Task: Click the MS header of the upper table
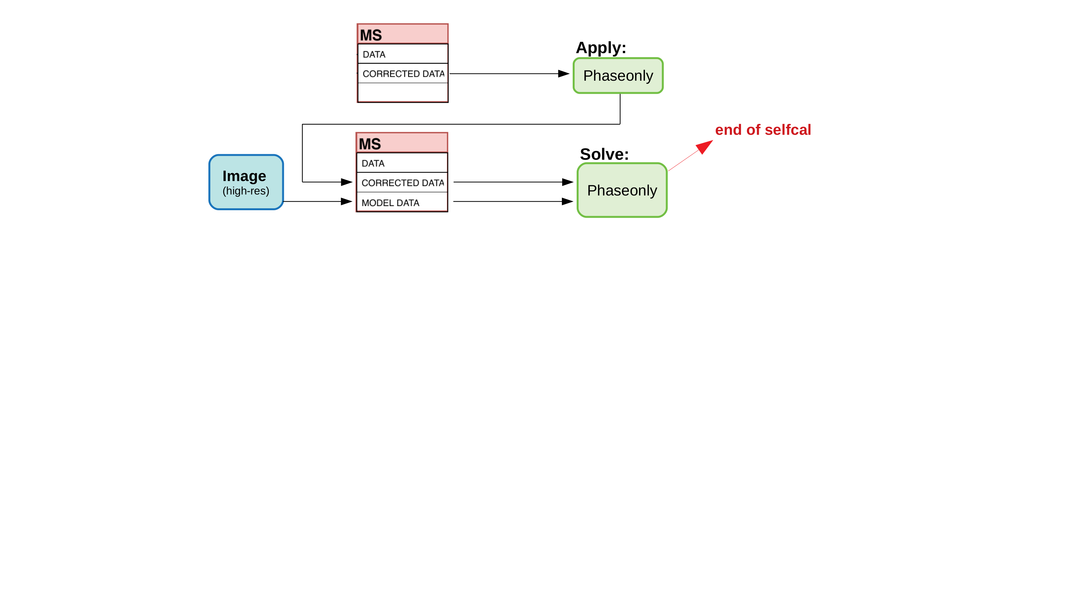[402, 34]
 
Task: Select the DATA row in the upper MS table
[402, 54]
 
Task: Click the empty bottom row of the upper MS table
[402, 92]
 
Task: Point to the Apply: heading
[601, 48]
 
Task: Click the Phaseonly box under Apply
[618, 76]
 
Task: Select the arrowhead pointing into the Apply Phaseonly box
[564, 74]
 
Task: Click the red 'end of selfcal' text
[763, 130]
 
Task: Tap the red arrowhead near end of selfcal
[704, 147]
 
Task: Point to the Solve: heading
[604, 154]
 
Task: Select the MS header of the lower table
[402, 143]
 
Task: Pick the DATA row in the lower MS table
[402, 163]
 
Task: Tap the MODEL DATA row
[402, 202]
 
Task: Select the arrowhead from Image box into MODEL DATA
[347, 202]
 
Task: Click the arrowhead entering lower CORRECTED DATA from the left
[347, 182]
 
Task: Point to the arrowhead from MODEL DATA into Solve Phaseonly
[567, 202]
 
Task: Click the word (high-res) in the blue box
[246, 191]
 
